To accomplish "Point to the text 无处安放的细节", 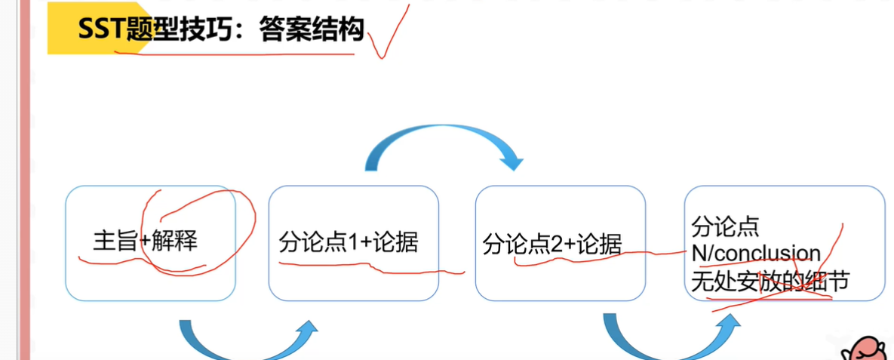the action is tap(770, 281).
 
